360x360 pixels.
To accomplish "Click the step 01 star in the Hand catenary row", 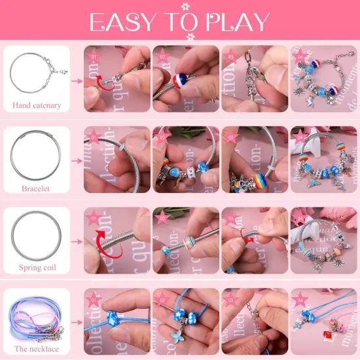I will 94,55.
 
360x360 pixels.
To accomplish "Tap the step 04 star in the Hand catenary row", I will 300,55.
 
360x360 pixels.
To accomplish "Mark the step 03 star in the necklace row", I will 231,299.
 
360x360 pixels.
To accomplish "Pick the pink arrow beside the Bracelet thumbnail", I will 75,163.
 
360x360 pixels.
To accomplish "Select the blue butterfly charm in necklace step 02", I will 175,339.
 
